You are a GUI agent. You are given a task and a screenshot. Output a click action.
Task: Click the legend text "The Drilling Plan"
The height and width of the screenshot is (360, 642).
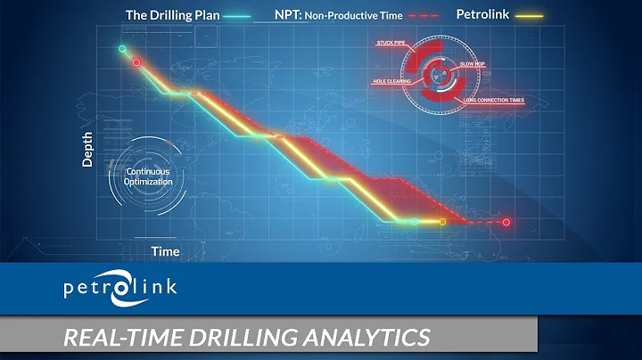click(171, 14)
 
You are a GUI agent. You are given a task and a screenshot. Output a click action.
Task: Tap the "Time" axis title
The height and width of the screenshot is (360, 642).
click(165, 251)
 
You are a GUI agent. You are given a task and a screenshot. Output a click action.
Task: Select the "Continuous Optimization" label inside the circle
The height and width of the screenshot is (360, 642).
click(149, 176)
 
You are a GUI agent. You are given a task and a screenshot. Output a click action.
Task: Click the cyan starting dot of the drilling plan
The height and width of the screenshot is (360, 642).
click(123, 48)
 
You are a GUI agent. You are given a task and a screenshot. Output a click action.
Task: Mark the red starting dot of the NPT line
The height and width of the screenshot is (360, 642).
click(136, 62)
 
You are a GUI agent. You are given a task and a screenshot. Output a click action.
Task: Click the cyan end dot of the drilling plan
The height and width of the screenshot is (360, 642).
click(414, 221)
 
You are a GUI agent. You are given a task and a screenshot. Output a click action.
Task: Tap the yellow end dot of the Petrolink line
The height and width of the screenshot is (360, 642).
click(442, 221)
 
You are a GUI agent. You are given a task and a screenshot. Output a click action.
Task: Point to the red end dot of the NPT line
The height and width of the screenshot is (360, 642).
click(506, 222)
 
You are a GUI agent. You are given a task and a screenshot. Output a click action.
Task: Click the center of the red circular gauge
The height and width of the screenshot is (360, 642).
click(438, 70)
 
